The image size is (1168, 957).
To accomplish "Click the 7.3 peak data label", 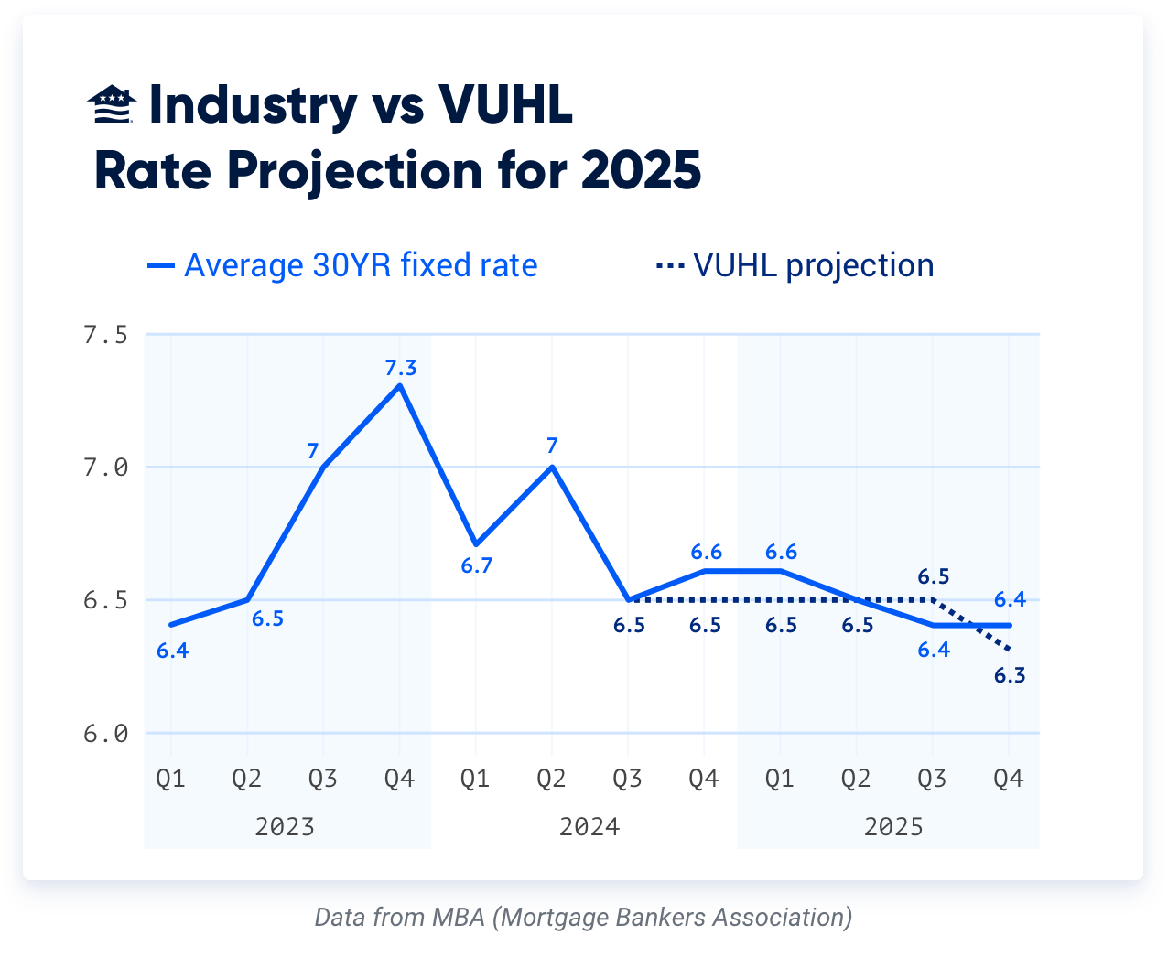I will point(401,368).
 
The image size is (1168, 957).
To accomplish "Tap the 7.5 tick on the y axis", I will point(105,335).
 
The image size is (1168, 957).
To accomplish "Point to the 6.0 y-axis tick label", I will point(105,734).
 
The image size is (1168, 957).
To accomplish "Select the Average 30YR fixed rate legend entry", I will point(343,265).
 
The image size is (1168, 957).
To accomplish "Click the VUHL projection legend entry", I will point(795,265).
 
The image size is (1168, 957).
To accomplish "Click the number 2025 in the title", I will point(641,170).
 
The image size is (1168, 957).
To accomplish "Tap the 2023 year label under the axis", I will point(285,827).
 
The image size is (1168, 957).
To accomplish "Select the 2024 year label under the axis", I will point(589,827).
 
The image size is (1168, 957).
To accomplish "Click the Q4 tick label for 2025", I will point(1009,779).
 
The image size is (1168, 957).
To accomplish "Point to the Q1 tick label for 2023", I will point(171,779).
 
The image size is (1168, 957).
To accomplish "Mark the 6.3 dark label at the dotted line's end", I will point(1010,676).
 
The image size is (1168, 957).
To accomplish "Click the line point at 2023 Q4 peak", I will point(400,386).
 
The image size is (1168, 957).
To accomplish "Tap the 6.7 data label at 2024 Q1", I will point(477,566).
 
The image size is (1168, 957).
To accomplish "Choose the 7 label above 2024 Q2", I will point(552,446).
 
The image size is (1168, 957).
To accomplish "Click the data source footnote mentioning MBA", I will point(583,917).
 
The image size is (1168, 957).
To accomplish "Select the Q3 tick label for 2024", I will point(627,779).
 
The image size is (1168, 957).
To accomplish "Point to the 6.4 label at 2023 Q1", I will point(172,651).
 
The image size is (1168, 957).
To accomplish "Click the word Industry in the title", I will point(253,105).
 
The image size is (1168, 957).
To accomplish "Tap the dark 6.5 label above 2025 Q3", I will point(934,576).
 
